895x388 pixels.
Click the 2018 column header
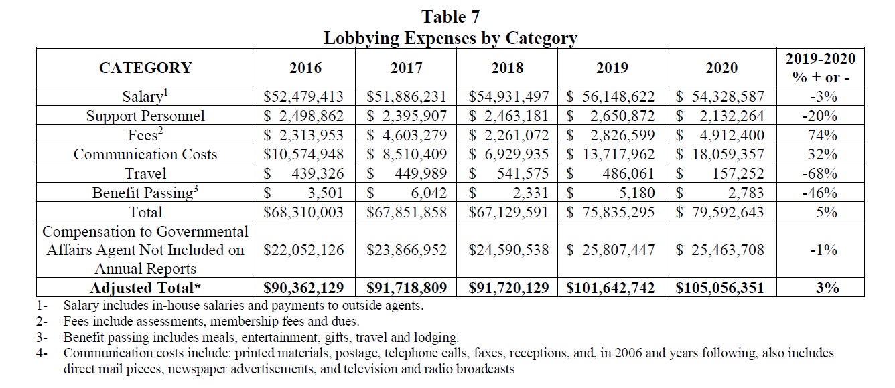pyautogui.click(x=507, y=68)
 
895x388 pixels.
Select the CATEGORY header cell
pyautogui.click(x=145, y=68)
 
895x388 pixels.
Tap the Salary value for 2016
pyautogui.click(x=305, y=96)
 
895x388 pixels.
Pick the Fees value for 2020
pyautogui.click(x=720, y=135)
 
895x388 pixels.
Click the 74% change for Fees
pyautogui.click(x=823, y=135)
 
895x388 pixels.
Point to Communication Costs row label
pyautogui.click(x=145, y=155)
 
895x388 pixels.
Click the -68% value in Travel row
pyautogui.click(x=823, y=174)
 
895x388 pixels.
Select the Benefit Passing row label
pyautogui.click(x=145, y=193)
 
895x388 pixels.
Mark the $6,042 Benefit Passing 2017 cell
pyautogui.click(x=406, y=193)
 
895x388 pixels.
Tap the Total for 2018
pyautogui.click(x=507, y=213)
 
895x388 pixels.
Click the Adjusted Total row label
pyautogui.click(x=145, y=288)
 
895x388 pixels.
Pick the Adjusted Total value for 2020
pyautogui.click(x=720, y=288)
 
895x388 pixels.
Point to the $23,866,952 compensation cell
pyautogui.click(x=406, y=250)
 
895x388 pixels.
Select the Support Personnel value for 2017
pyautogui.click(x=406, y=116)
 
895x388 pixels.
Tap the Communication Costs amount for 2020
pyautogui.click(x=720, y=155)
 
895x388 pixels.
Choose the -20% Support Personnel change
pyautogui.click(x=823, y=116)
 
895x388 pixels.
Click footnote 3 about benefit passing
pyautogui.click(x=261, y=338)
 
